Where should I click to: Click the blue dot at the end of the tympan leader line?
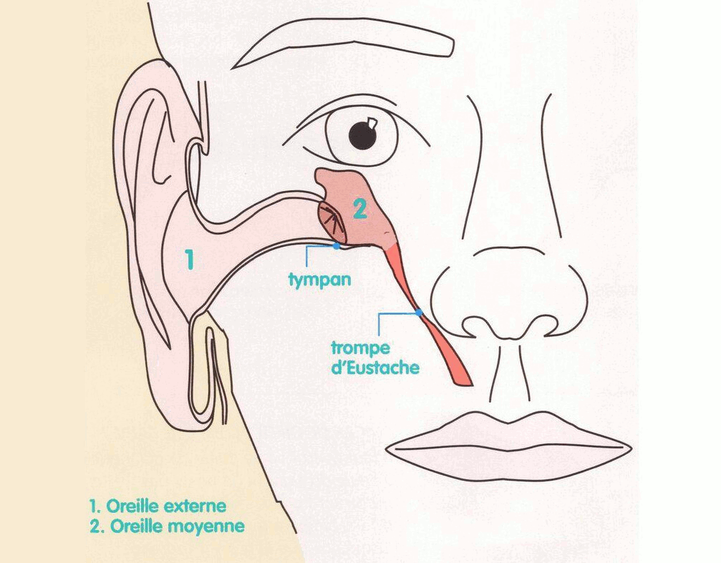[x=337, y=246]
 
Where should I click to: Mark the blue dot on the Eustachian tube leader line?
[x=419, y=313]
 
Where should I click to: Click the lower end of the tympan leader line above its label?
[x=306, y=266]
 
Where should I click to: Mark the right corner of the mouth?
[x=630, y=447]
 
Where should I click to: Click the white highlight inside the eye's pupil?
[x=373, y=123]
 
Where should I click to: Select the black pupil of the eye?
[x=362, y=134]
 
